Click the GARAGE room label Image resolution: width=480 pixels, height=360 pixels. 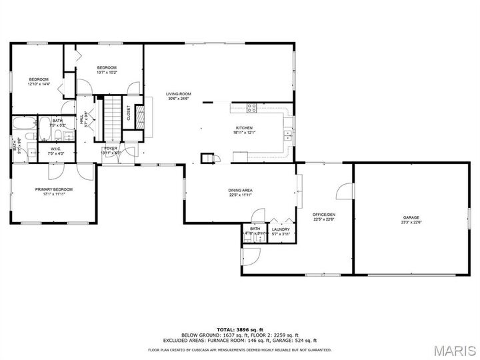tap(411, 217)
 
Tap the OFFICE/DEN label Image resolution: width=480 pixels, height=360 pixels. tap(324, 214)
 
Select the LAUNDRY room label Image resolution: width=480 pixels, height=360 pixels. tap(281, 229)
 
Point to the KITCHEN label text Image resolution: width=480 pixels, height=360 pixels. tap(245, 127)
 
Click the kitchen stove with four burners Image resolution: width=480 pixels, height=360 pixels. tap(253, 107)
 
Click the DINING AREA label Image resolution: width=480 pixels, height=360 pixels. tap(240, 190)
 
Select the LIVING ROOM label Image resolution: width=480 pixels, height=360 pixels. tap(179, 94)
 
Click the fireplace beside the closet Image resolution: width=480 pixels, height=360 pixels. tap(140, 116)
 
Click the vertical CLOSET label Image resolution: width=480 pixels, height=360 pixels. tap(129, 113)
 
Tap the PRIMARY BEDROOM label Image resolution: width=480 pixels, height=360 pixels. tap(54, 189)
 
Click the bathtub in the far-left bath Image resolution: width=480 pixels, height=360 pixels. tap(25, 124)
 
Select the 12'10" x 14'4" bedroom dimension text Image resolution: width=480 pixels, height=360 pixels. tap(39, 84)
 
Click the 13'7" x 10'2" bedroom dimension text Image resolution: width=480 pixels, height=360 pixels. tap(107, 72)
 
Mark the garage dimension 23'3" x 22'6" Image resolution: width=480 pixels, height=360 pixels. tap(411, 223)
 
